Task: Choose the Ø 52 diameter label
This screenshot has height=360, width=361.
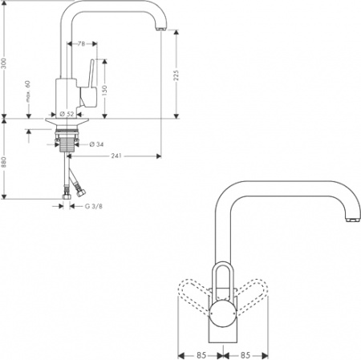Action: pos(67,114)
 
